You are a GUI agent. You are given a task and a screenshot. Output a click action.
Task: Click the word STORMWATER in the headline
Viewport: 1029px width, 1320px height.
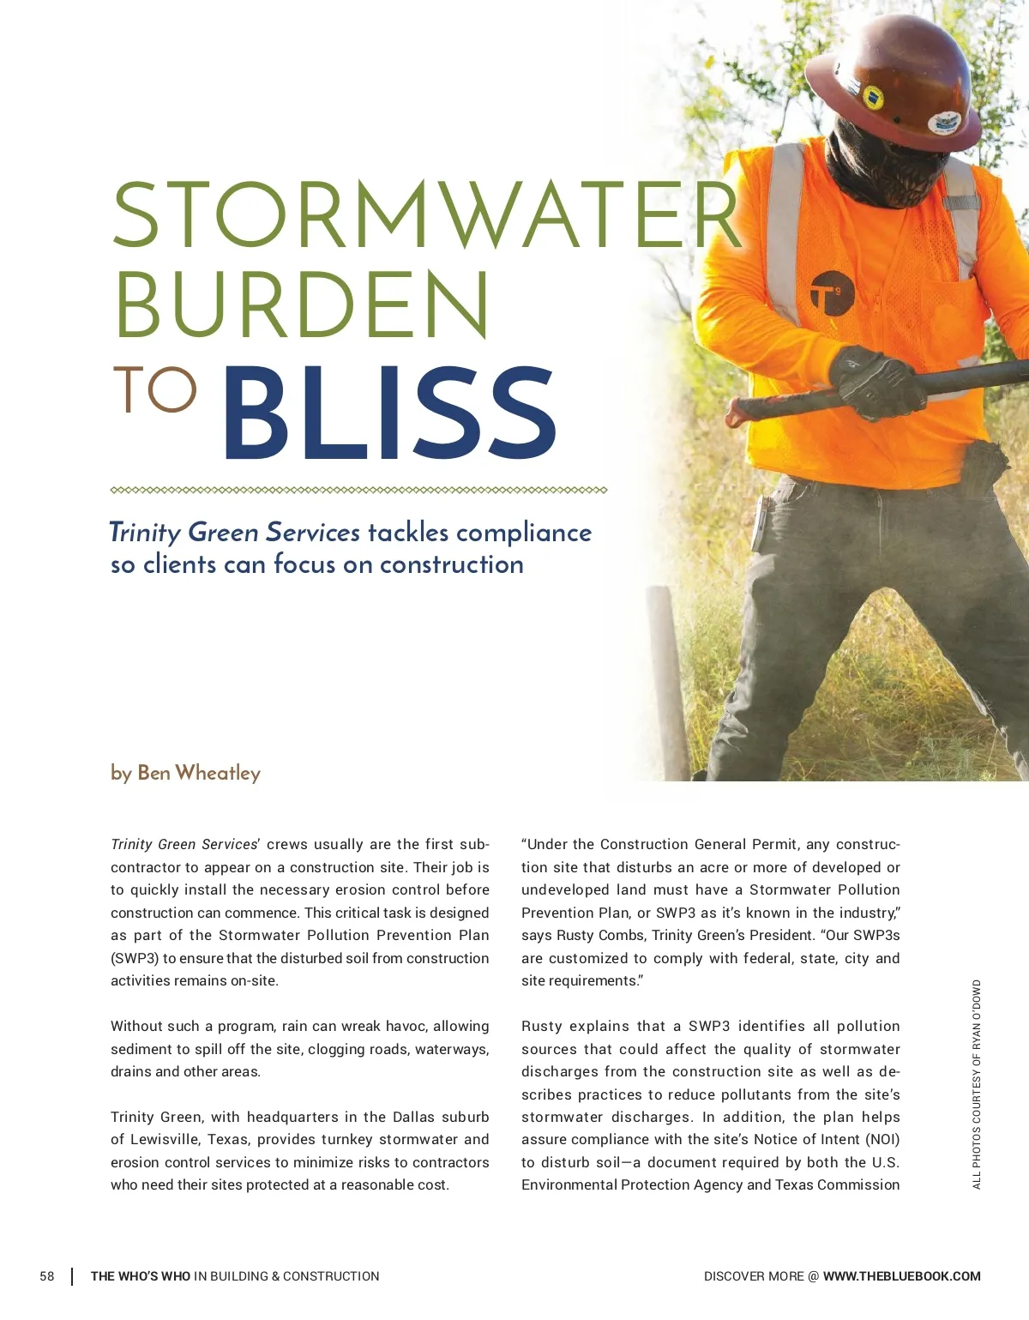[x=426, y=215]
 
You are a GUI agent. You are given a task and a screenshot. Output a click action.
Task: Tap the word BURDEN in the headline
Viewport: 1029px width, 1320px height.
[x=302, y=306]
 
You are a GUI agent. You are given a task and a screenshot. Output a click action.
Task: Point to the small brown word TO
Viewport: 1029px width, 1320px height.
[x=154, y=390]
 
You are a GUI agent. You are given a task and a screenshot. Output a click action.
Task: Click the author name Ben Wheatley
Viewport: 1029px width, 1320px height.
[x=198, y=773]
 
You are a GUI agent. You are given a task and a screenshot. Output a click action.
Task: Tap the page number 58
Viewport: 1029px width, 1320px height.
[x=47, y=1276]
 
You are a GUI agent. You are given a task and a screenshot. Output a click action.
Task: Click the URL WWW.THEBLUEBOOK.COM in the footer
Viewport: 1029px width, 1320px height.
[x=901, y=1276]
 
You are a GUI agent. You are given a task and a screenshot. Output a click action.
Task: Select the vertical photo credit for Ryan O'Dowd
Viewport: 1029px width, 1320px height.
[x=977, y=1084]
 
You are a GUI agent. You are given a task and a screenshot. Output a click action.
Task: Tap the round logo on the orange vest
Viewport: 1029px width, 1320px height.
[x=832, y=292]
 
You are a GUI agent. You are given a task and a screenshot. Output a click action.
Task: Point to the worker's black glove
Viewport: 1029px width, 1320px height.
[x=875, y=382]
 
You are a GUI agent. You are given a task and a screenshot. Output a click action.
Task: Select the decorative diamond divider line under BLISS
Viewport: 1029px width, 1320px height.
[x=358, y=491]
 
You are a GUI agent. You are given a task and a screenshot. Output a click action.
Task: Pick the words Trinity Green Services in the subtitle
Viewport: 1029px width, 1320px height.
[x=235, y=533]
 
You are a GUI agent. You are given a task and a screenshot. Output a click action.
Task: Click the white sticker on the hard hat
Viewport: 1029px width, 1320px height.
[x=944, y=123]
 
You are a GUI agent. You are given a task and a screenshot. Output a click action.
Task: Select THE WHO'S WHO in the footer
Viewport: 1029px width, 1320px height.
[x=141, y=1276]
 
